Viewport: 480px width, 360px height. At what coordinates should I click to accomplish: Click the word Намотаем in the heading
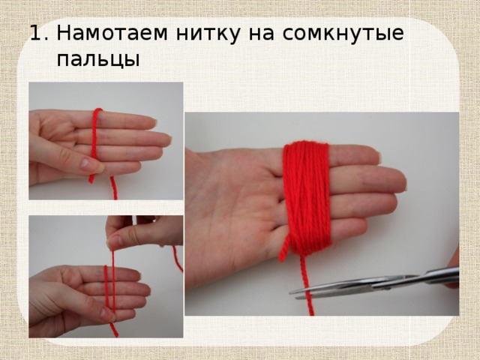[106, 34]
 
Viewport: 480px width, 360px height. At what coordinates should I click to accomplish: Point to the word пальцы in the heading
[97, 58]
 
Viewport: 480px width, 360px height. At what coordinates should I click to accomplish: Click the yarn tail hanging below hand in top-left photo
[113, 189]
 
